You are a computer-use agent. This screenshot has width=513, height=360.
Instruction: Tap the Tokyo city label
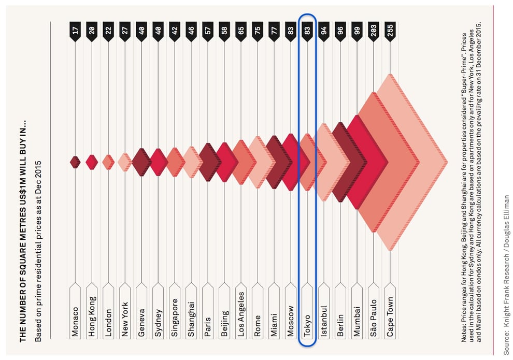click(x=307, y=317)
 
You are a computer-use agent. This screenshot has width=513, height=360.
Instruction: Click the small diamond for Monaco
click(x=75, y=162)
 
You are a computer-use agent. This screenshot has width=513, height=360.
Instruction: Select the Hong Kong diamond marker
click(x=92, y=162)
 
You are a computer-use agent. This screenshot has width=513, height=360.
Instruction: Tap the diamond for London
click(x=108, y=162)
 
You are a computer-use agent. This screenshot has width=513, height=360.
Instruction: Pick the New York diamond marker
click(x=125, y=162)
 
